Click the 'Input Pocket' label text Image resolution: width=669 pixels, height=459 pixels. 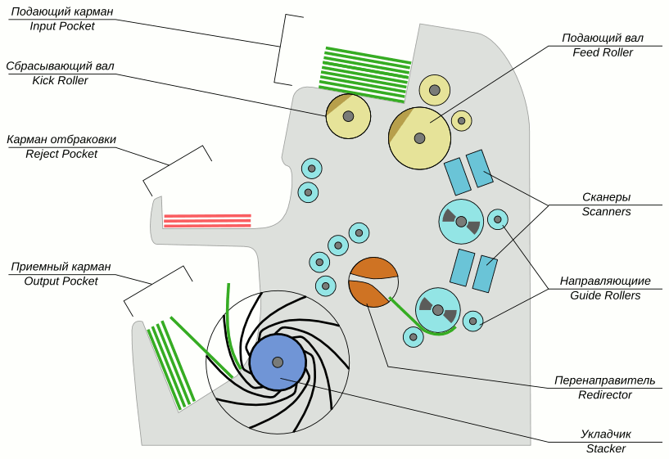(62, 26)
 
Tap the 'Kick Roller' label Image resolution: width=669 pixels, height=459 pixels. (60, 81)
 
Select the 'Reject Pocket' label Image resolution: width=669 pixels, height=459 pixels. (61, 154)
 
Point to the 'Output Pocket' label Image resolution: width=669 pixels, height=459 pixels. (61, 281)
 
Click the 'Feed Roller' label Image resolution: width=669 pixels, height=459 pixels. (602, 52)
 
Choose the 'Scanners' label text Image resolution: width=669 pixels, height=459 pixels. (606, 211)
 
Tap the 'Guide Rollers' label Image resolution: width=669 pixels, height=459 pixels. (606, 295)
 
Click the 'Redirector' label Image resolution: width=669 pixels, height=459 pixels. (604, 394)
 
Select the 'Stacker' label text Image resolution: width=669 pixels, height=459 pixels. (605, 448)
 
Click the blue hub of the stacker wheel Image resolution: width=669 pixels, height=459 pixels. (278, 362)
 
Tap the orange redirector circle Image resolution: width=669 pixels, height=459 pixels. (373, 282)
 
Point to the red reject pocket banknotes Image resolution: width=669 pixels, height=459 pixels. (207, 220)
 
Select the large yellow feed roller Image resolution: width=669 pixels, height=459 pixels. (419, 138)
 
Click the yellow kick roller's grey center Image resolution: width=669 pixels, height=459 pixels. (348, 117)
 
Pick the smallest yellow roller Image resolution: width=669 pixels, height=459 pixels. (462, 121)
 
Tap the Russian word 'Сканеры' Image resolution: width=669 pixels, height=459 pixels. (606, 197)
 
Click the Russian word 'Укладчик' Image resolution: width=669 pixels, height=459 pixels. (605, 434)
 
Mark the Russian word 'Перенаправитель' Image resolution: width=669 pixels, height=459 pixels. (604, 380)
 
